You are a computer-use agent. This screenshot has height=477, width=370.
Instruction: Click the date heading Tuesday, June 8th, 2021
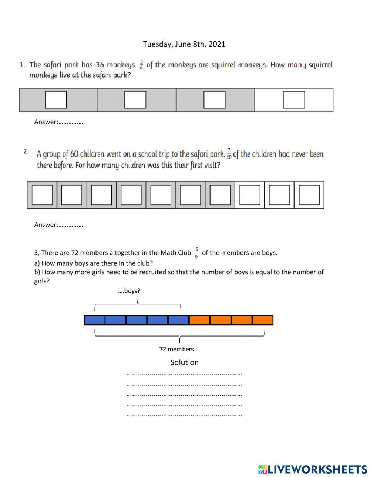pos(184,44)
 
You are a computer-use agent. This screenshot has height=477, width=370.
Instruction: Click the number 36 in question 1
pos(100,65)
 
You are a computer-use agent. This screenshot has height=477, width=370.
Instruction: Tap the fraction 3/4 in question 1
pos(141,65)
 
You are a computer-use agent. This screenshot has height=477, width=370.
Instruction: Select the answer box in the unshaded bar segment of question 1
pos(294,100)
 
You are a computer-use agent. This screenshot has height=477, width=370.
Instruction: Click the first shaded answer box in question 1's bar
pos(56,100)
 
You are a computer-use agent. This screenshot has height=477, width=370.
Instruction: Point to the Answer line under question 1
pos(58,122)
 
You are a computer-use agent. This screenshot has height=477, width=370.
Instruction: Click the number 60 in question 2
pos(74,154)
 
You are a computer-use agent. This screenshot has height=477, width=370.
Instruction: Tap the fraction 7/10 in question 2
pos(229,154)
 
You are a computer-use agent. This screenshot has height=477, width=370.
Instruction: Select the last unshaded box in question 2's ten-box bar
pos(309,195)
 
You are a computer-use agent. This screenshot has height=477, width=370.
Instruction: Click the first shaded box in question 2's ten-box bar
pos(42,195)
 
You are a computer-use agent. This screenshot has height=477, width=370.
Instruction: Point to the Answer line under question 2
pos(58,225)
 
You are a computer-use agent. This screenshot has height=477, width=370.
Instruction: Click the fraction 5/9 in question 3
pos(196,253)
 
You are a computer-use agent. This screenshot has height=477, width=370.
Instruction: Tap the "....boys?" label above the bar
pos(129,291)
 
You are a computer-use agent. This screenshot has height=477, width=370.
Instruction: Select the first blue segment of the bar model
pos(95,320)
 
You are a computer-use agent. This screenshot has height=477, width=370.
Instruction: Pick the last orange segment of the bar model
pos(263,320)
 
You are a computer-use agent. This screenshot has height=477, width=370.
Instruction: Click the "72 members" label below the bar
pos(176,349)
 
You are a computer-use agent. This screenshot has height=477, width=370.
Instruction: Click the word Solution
pos(184,362)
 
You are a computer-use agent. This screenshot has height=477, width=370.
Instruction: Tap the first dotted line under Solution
pos(184,374)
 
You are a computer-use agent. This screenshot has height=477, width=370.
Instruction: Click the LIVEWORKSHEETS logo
pos(313,469)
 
